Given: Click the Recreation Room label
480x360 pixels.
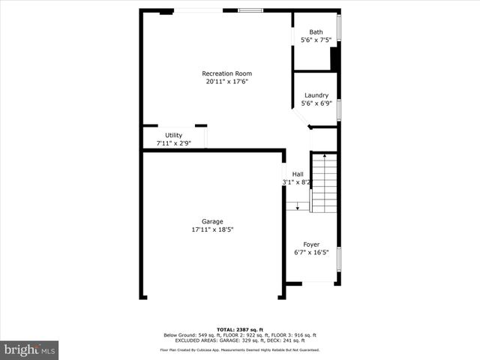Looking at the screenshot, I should click(x=226, y=73).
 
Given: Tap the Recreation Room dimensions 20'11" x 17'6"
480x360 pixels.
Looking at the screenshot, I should click(x=226, y=81).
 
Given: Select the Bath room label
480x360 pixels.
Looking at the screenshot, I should click(x=316, y=32).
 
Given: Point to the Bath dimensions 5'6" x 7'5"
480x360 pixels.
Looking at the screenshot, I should click(x=316, y=40).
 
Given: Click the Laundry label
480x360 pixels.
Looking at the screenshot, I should click(x=316, y=95).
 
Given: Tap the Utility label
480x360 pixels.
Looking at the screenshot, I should click(x=173, y=135).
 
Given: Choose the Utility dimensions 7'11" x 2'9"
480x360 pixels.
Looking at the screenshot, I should click(x=173, y=142).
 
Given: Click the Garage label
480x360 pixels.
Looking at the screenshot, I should click(x=212, y=221).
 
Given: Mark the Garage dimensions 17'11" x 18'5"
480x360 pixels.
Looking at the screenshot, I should click(x=212, y=229).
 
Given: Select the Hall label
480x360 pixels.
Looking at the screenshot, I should click(x=298, y=174).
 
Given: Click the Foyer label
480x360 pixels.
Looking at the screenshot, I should click(x=311, y=244).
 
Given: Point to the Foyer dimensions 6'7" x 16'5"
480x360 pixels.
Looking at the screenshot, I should click(x=311, y=253).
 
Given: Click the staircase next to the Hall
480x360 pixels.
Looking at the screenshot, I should click(x=323, y=182).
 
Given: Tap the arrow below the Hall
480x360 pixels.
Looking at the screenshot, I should click(x=298, y=204).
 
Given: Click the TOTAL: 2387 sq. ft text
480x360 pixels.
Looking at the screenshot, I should click(x=240, y=330).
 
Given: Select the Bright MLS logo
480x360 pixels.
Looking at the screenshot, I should click(x=30, y=349).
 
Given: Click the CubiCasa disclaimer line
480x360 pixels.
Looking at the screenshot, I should click(x=240, y=349).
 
